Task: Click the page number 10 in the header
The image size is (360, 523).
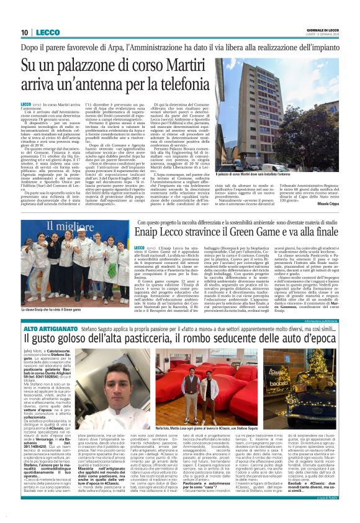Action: [x=25, y=32]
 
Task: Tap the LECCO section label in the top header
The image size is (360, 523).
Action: [x=48, y=32]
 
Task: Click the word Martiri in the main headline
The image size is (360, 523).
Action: [x=182, y=64]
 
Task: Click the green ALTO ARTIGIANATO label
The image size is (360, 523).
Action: [x=47, y=327]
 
